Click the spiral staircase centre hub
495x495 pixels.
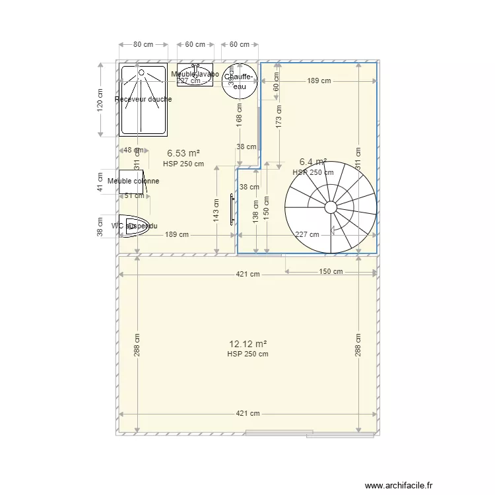pos(331,207)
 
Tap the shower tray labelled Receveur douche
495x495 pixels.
pos(143,100)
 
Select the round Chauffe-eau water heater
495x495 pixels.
pos(240,81)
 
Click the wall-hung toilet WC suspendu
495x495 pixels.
pos(135,226)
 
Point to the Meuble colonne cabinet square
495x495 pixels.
pos(132,181)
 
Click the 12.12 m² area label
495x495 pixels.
pos(247,344)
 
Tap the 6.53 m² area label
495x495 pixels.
pos(183,153)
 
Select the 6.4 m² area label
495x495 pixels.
pos(313,162)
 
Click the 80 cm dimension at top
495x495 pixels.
pos(143,45)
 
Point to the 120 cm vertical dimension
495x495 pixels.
pos(100,100)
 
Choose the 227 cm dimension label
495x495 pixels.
pos(308,234)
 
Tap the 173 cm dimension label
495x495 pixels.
pos(279,116)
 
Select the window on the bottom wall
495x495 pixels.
pos(278,433)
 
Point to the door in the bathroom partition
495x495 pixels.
pos(232,210)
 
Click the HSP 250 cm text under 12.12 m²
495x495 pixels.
pos(247,354)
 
